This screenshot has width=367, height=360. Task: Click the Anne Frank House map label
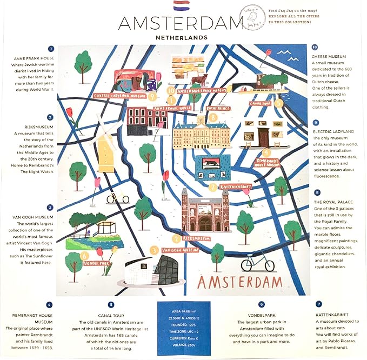pyautogui.click(x=172, y=108)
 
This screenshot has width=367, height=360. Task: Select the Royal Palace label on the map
pyautogui.click(x=217, y=108)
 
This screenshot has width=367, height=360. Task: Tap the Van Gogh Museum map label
pyautogui.click(x=179, y=250)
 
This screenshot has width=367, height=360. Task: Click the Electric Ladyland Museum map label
pyautogui.click(x=121, y=96)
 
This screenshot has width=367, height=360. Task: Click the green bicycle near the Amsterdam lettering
pyautogui.click(x=257, y=263)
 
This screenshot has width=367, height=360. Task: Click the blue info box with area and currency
pyautogui.click(x=183, y=328)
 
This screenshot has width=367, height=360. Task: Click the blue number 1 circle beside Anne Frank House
pyautogui.click(x=50, y=48)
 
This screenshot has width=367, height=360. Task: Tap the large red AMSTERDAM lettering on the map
pyautogui.click(x=239, y=283)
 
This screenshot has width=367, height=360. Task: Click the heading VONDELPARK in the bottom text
pyautogui.click(x=261, y=313)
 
